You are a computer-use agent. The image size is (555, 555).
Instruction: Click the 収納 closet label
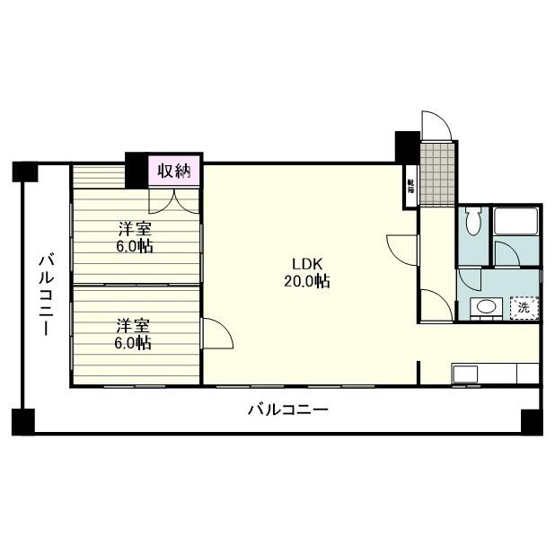tap(174, 171)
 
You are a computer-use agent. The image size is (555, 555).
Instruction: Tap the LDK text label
tap(300, 264)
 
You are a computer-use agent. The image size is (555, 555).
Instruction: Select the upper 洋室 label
tap(132, 229)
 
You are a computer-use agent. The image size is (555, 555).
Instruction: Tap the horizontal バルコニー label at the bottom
tap(287, 411)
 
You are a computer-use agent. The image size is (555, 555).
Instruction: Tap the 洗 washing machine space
tap(523, 307)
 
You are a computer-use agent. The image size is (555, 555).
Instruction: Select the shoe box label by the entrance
tap(410, 185)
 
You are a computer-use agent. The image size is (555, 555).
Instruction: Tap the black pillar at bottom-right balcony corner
tap(530, 419)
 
